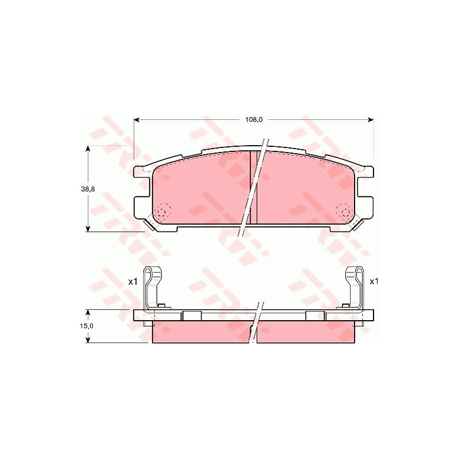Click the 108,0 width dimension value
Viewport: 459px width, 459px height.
click(x=254, y=119)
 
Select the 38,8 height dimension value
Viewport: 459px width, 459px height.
click(x=88, y=189)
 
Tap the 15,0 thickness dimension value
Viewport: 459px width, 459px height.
click(x=87, y=326)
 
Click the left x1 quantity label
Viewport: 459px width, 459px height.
click(x=133, y=282)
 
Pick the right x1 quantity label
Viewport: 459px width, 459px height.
click(x=374, y=282)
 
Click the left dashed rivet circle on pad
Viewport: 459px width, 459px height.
click(x=164, y=211)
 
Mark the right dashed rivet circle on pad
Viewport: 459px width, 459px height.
click(x=344, y=211)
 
